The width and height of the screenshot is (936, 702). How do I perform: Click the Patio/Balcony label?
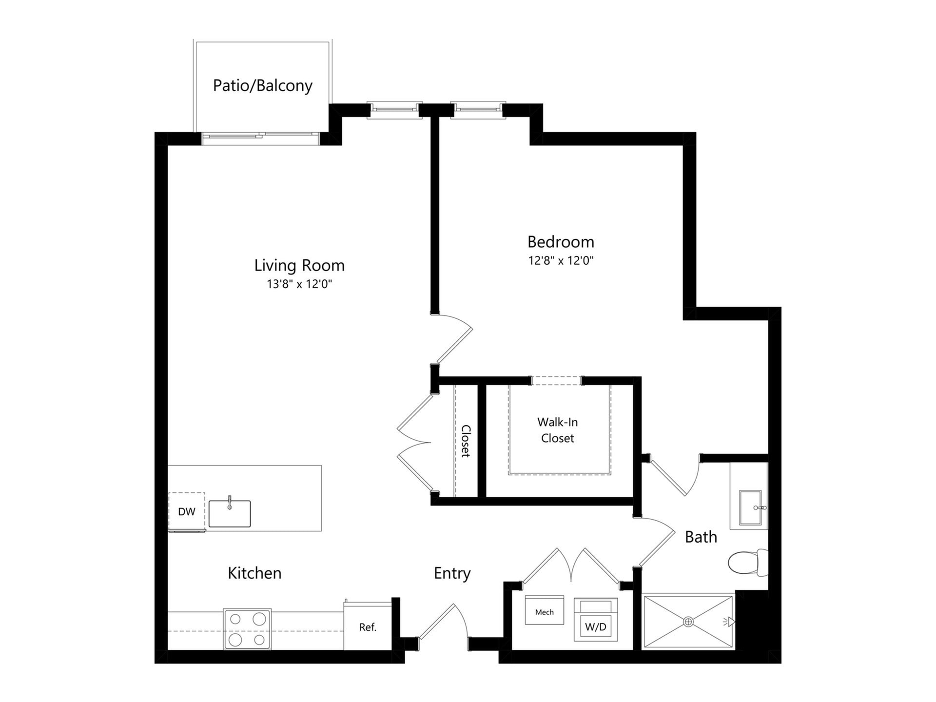click(x=262, y=85)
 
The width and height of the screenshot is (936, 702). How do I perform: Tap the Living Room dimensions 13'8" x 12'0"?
click(x=299, y=284)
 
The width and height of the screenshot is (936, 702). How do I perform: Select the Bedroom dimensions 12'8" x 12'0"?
click(x=561, y=260)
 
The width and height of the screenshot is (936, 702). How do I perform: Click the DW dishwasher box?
click(x=186, y=511)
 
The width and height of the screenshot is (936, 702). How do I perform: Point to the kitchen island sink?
click(x=230, y=513)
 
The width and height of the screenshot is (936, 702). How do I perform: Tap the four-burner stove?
click(x=247, y=629)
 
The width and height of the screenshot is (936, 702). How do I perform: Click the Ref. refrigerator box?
click(x=368, y=627)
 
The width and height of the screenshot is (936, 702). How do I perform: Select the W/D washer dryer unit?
click(x=596, y=620)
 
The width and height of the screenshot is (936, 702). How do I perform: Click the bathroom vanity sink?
click(x=750, y=507)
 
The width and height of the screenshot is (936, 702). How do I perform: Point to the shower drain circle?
click(x=688, y=622)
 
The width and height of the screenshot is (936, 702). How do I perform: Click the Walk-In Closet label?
click(x=558, y=430)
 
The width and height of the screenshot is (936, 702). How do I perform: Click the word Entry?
click(x=452, y=573)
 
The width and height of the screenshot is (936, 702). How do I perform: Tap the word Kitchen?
click(x=254, y=573)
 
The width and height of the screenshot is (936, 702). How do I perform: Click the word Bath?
click(x=701, y=537)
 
